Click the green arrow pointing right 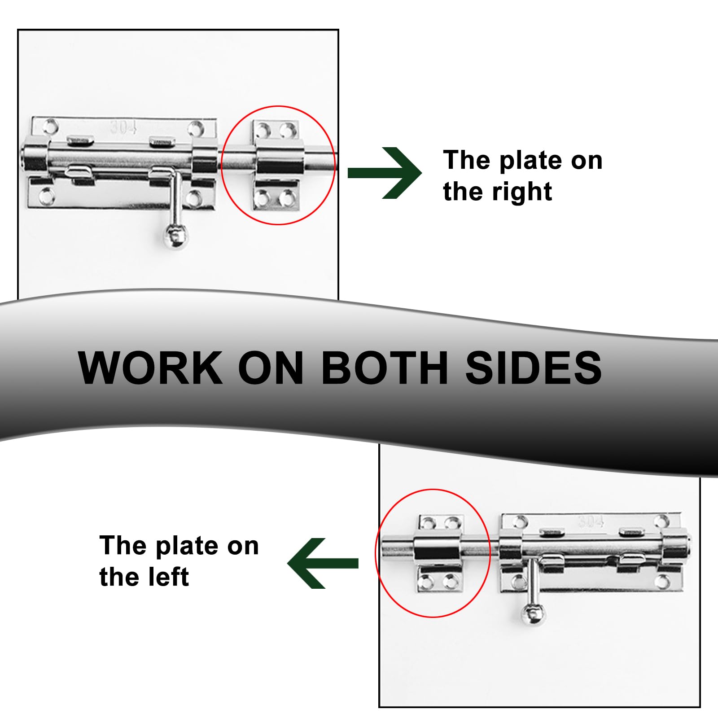pyautogui.click(x=385, y=173)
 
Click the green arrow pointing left pyautogui.click(x=323, y=563)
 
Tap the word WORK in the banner pyautogui.click(x=150, y=368)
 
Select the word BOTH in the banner pyautogui.click(x=385, y=368)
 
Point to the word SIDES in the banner pyautogui.click(x=534, y=368)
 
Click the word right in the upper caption pyautogui.click(x=522, y=192)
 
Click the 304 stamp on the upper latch pyautogui.click(x=123, y=127)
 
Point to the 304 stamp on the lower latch pyautogui.click(x=591, y=521)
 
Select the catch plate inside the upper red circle pyautogui.click(x=277, y=165)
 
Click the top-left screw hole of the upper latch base pyautogui.click(x=50, y=127)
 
